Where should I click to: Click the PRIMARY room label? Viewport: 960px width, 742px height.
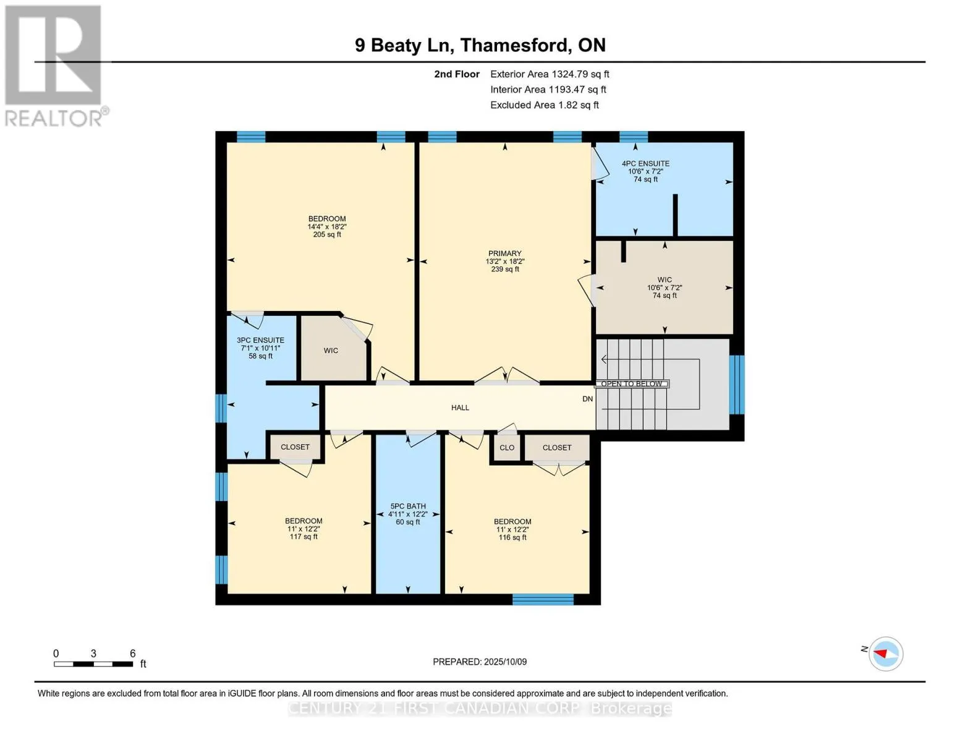[x=504, y=254]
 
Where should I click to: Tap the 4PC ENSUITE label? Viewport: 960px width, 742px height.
[x=645, y=163]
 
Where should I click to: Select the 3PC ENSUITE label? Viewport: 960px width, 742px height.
[x=260, y=340]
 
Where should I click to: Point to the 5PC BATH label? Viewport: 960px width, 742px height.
[x=408, y=506]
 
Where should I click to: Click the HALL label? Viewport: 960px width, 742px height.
[x=460, y=407]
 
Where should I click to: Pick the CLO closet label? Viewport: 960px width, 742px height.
[x=507, y=448]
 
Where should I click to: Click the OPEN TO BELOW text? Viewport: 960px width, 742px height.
[x=631, y=383]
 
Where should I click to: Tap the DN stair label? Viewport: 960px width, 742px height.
[x=587, y=399]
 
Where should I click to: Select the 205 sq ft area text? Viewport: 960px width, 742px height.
[x=327, y=235]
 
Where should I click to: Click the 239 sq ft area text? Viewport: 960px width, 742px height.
[x=505, y=269]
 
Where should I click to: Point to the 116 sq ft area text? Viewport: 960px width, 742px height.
[x=512, y=537]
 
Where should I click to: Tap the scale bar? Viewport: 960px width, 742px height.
[x=93, y=663]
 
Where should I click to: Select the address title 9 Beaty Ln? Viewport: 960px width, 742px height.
[x=404, y=46]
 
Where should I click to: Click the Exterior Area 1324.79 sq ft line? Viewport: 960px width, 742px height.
[x=550, y=74]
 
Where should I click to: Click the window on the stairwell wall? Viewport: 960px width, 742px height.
[x=736, y=385]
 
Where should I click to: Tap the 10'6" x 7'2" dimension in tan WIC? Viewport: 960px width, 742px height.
[x=665, y=288]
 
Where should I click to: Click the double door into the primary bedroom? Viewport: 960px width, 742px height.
[x=507, y=377]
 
